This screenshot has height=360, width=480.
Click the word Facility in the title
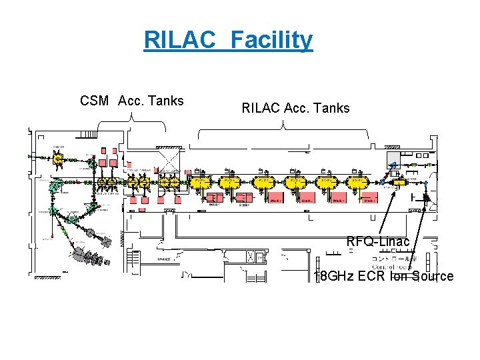click(271, 40)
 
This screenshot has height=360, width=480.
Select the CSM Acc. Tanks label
click(131, 101)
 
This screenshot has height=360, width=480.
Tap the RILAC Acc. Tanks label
click(295, 108)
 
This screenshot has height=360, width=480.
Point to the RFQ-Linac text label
click(377, 241)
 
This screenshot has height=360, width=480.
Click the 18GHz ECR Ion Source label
click(384, 276)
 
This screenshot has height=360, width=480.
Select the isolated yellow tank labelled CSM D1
click(59, 159)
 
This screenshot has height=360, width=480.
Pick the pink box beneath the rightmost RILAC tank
click(368, 199)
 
